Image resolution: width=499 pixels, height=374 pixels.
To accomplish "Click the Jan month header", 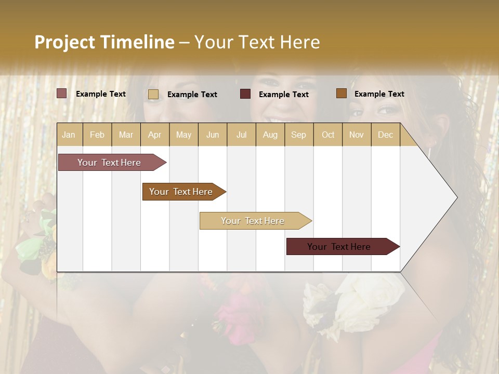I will click(69, 135).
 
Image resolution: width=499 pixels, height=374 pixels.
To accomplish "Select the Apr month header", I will click(154, 135).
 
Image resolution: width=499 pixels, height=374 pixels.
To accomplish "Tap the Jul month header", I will click(241, 135).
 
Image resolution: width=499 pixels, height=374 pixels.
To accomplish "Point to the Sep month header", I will click(298, 135).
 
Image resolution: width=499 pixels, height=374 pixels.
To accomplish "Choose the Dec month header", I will click(385, 135).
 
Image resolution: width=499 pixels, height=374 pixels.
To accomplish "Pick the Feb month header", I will click(97, 135).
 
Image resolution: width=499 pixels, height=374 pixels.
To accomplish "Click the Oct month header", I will click(328, 135).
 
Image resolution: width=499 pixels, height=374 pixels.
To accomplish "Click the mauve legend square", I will click(62, 94).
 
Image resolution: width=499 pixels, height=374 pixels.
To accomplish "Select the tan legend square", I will click(153, 94).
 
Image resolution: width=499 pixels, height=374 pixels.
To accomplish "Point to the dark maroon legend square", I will click(245, 94).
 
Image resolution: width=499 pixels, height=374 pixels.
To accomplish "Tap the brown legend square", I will click(342, 94).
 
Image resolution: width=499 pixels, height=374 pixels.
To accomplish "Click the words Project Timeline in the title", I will click(104, 42).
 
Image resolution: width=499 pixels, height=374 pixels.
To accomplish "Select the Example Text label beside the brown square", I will click(379, 94).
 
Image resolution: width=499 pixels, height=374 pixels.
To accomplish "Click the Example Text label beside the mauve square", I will click(101, 94).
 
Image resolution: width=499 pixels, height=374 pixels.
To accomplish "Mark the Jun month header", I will click(213, 135).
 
